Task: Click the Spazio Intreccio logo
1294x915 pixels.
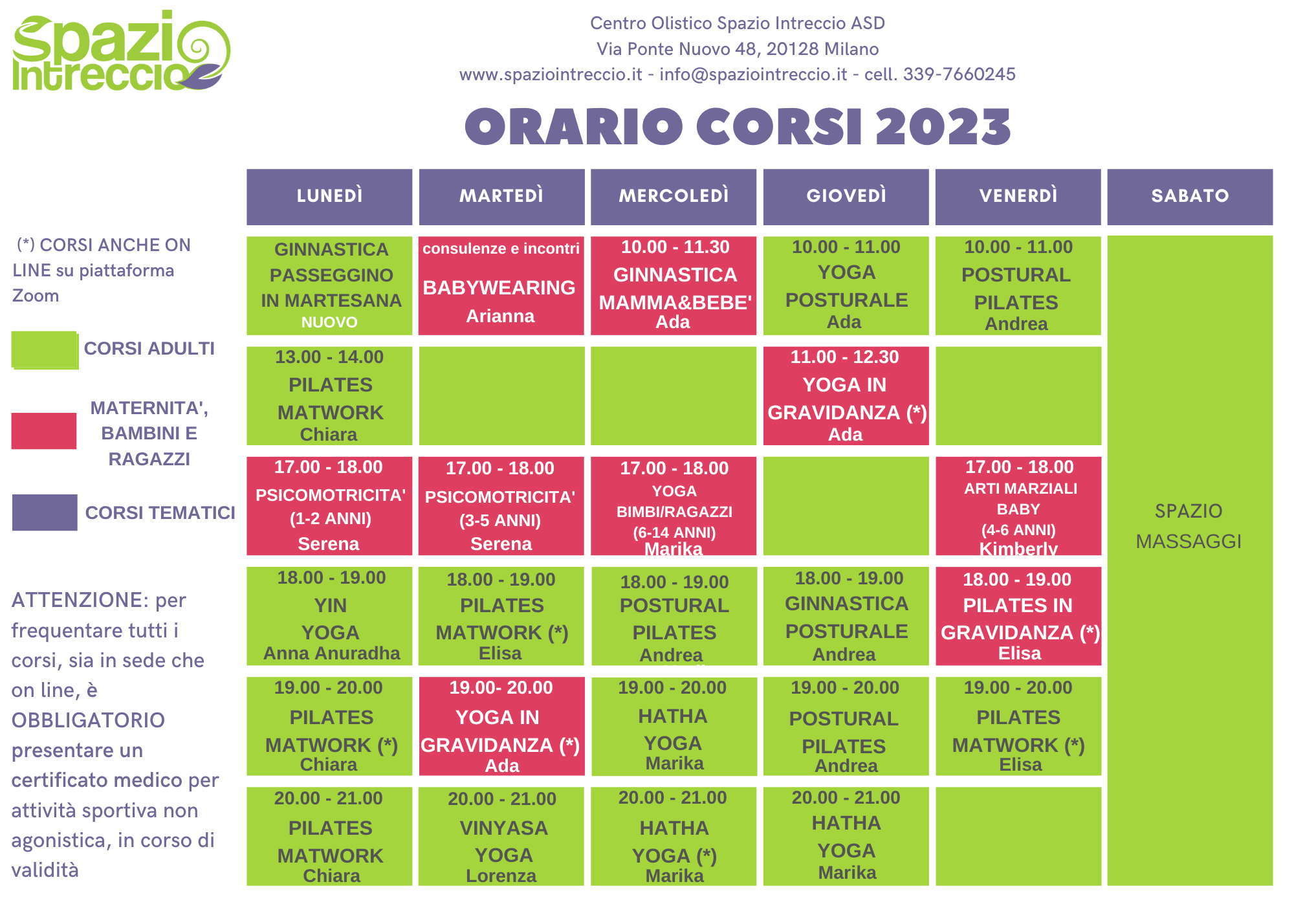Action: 121,50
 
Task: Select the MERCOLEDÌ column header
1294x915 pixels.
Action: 674,197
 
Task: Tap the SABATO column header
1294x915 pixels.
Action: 1190,197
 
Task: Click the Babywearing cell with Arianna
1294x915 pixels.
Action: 501,285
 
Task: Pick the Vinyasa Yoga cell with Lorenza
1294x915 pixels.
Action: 501,836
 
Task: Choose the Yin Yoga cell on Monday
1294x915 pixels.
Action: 329,616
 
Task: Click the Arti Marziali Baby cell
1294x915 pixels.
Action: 1018,506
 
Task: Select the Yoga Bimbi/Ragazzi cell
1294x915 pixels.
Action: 674,506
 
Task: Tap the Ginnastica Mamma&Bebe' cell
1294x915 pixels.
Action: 674,285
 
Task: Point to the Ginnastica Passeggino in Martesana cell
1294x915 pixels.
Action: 329,285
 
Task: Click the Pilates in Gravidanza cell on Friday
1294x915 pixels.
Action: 1018,616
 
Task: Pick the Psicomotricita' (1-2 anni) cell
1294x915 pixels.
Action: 329,506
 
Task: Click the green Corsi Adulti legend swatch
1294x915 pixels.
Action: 45,350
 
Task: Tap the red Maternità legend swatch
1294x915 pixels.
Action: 44,431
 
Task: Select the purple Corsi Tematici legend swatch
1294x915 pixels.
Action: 45,513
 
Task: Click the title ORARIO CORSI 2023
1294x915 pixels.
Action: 738,126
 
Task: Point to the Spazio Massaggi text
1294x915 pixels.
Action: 1189,525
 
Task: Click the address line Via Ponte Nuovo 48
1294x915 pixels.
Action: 738,49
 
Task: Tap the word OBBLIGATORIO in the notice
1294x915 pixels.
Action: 88,720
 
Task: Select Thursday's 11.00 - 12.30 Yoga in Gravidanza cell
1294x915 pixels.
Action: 846,396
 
